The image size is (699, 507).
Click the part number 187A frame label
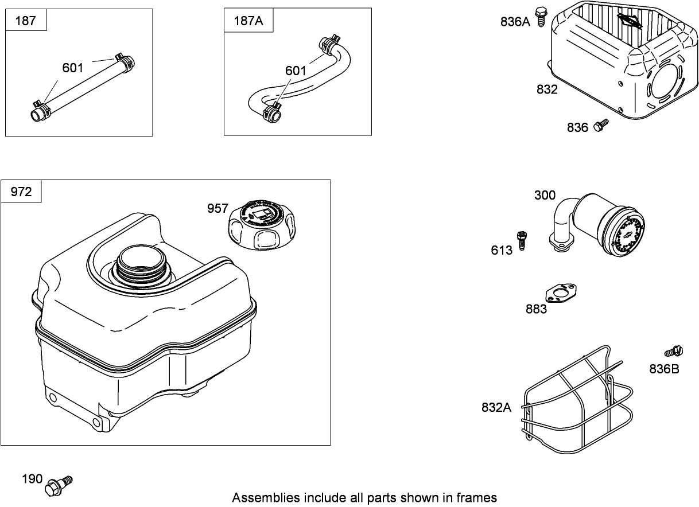pyautogui.click(x=248, y=21)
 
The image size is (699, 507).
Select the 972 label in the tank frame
pyautogui.click(x=21, y=192)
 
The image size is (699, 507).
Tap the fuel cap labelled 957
pyautogui.click(x=262, y=225)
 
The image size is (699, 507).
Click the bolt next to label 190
pyautogui.click(x=59, y=485)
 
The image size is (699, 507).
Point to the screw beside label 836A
pyautogui.click(x=541, y=17)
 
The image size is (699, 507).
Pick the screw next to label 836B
pyautogui.click(x=673, y=352)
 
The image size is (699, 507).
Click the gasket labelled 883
pyautogui.click(x=561, y=293)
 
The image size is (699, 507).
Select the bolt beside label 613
pyautogui.click(x=522, y=241)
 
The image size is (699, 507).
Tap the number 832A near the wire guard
pyautogui.click(x=496, y=407)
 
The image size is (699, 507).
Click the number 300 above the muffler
pyautogui.click(x=545, y=195)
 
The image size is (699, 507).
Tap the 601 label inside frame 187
pyautogui.click(x=73, y=68)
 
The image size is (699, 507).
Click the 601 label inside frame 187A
pyautogui.click(x=295, y=71)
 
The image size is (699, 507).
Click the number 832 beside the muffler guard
pyautogui.click(x=547, y=89)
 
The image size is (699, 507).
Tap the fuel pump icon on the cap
pyautogui.click(x=262, y=214)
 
